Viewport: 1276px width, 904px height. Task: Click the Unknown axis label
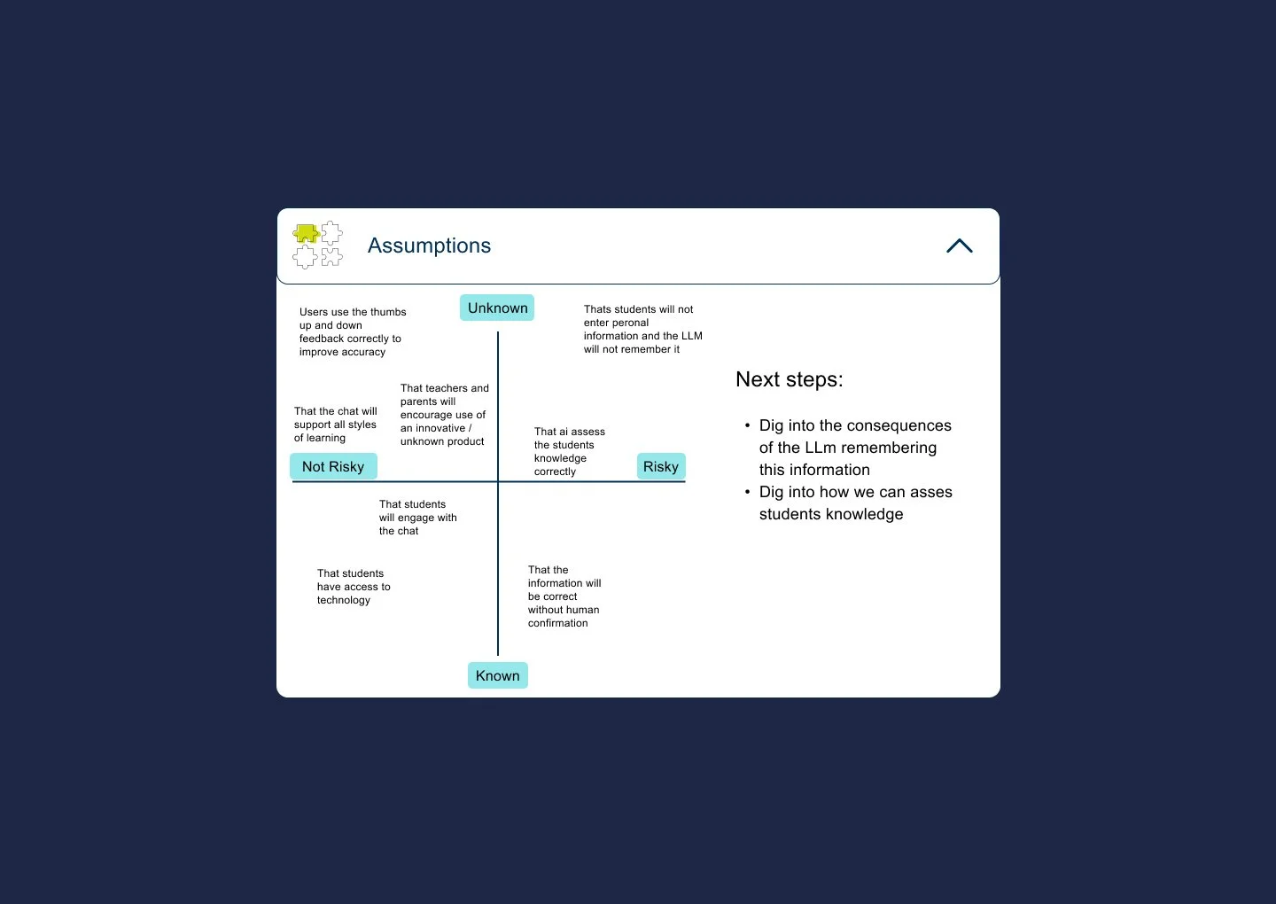(497, 308)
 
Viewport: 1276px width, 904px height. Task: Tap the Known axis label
(497, 675)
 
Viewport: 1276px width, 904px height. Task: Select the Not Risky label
(333, 466)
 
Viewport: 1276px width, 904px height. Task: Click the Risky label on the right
(661, 466)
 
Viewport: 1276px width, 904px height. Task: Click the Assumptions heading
(429, 245)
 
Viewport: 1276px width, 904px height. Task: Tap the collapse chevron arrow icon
(959, 246)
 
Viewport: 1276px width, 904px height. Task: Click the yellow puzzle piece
(306, 234)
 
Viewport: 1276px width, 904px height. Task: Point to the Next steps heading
(789, 379)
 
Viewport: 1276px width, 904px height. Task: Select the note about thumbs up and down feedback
(352, 331)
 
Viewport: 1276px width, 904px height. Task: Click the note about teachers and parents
(444, 415)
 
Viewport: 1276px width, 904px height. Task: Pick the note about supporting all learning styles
(335, 425)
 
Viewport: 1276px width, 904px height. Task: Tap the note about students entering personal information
(642, 329)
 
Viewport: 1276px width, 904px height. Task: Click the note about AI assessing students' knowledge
(569, 451)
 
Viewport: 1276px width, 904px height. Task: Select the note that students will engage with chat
(417, 518)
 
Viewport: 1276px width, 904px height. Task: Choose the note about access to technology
(354, 587)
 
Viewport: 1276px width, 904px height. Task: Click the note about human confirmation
(564, 596)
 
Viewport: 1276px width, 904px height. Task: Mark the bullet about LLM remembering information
(854, 448)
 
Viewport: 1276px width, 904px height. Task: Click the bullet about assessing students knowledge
(855, 503)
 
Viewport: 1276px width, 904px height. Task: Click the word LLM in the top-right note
(691, 336)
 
